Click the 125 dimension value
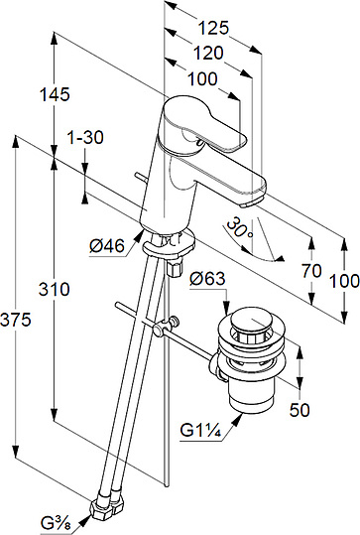213,28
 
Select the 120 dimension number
208,53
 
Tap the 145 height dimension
55,94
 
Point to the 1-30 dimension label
85,138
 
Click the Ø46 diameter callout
107,246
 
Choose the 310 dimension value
54,289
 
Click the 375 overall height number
16,320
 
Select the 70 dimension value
311,271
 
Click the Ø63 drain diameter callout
207,278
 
